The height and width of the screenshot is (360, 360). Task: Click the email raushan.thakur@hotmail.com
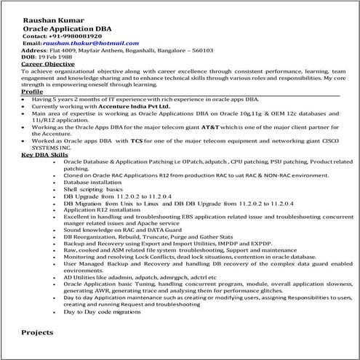[x=87, y=44]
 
